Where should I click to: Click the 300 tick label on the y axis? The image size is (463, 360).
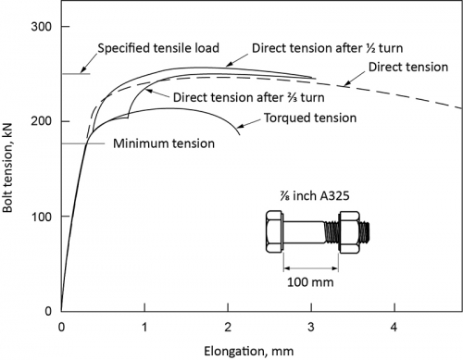[x=41, y=27]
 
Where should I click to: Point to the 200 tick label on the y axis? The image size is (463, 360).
[x=41, y=121]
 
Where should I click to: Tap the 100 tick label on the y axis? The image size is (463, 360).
[x=41, y=216]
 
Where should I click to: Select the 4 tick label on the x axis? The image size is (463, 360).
[x=394, y=327]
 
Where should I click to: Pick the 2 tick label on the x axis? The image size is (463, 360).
[x=228, y=327]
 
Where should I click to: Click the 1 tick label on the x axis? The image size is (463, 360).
[x=144, y=327]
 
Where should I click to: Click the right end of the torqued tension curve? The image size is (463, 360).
[x=239, y=135]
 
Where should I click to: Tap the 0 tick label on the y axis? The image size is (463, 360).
[x=47, y=310]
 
